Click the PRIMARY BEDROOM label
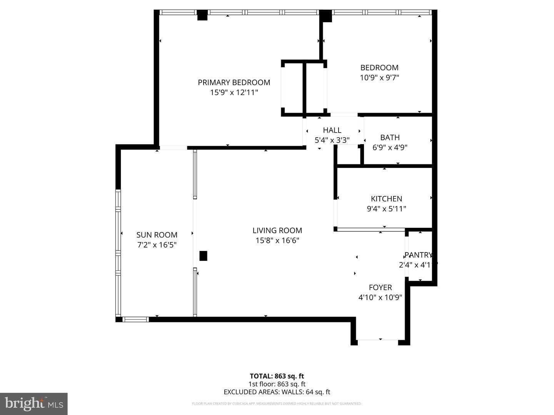(x=234, y=82)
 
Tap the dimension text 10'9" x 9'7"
(x=379, y=78)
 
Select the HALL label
(x=332, y=130)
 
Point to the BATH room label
(x=390, y=138)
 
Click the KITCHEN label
(x=386, y=199)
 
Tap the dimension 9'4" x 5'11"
(x=386, y=209)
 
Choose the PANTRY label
(x=418, y=255)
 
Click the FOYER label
(x=380, y=287)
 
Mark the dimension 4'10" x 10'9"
(x=380, y=297)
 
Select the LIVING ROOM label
(x=277, y=231)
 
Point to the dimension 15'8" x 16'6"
(x=277, y=241)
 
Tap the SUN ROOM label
(x=157, y=235)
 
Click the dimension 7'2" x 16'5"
(x=157, y=245)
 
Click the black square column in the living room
(x=203, y=256)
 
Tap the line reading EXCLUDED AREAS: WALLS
(x=277, y=392)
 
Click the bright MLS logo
(x=34, y=403)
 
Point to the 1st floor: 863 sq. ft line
(x=277, y=384)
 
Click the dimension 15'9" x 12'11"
(x=234, y=93)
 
